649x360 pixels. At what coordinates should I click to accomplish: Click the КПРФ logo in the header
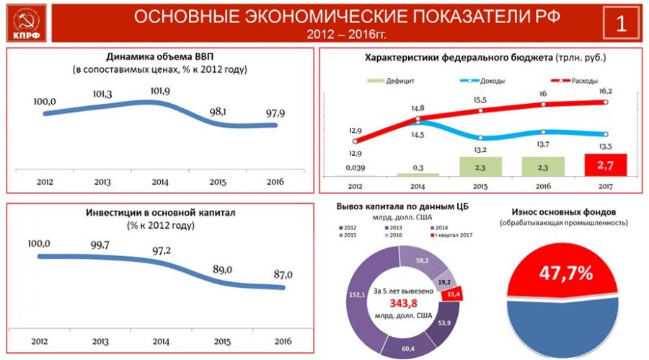pos(25,22)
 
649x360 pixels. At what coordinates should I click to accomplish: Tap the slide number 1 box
pos(621,22)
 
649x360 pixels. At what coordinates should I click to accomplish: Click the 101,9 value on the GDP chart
pos(160,92)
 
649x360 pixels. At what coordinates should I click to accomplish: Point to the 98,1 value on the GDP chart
pos(218,113)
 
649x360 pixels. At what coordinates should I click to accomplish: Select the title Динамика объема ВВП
pos(160,56)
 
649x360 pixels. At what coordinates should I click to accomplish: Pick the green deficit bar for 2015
pos(481,167)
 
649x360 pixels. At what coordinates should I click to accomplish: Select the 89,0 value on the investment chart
pos(222,269)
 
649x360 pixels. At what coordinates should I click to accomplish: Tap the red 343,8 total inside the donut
pos(403,303)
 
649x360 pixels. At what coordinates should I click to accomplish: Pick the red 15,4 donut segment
pos(454,292)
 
